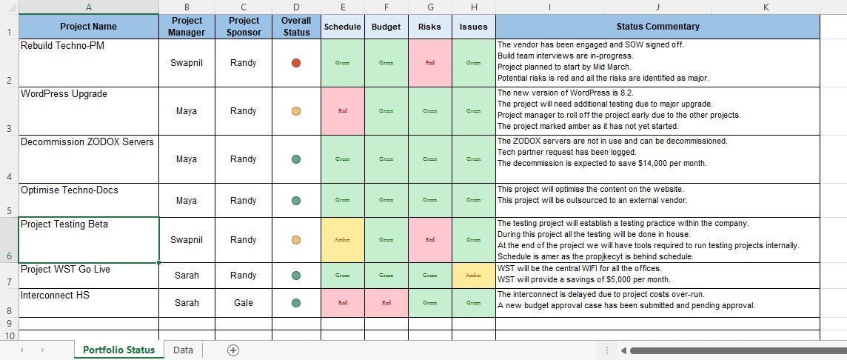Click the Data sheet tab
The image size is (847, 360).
pyautogui.click(x=183, y=350)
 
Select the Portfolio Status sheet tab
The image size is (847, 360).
pyautogui.click(x=118, y=350)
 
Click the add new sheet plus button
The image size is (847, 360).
pyautogui.click(x=233, y=350)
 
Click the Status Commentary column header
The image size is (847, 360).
pyautogui.click(x=657, y=27)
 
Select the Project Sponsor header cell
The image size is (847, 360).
pyautogui.click(x=244, y=27)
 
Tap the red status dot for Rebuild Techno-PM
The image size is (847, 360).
pyautogui.click(x=296, y=63)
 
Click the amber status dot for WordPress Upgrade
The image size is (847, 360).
pyautogui.click(x=296, y=111)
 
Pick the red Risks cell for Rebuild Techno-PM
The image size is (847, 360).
pyautogui.click(x=430, y=63)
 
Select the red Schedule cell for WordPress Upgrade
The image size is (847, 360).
pyautogui.click(x=343, y=111)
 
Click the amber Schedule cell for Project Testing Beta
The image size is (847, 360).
pyautogui.click(x=343, y=240)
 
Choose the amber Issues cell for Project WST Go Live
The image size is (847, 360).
pyautogui.click(x=473, y=276)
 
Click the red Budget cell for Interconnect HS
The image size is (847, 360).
pyautogui.click(x=386, y=302)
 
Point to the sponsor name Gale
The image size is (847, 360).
pyautogui.click(x=244, y=302)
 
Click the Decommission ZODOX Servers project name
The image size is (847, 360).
pyautogui.click(x=87, y=142)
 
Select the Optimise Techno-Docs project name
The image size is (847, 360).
pyautogui.click(x=70, y=190)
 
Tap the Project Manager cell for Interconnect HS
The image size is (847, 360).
pyautogui.click(x=187, y=302)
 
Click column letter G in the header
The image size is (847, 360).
pyautogui.click(x=430, y=7)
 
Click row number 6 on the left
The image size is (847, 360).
pyautogui.click(x=9, y=256)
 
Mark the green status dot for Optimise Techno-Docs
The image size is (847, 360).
pyautogui.click(x=296, y=201)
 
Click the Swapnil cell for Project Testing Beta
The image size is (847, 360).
pyautogui.click(x=187, y=240)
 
